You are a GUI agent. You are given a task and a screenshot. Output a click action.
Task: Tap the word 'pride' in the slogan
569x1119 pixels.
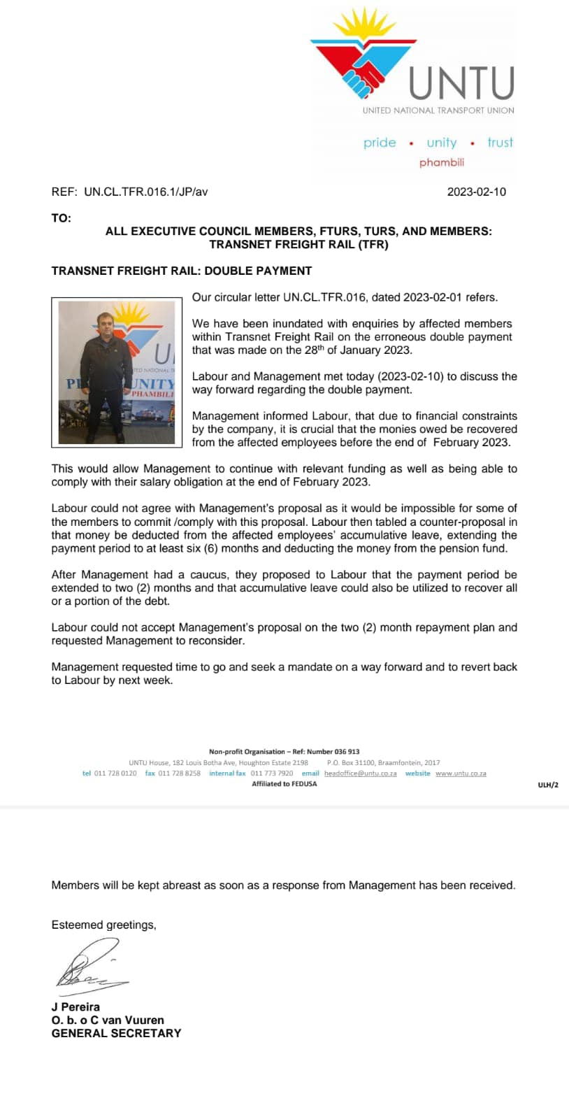(380, 143)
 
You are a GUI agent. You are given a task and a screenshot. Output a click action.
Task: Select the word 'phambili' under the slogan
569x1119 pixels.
(442, 162)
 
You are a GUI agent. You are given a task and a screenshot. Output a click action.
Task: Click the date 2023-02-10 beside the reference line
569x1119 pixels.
(477, 192)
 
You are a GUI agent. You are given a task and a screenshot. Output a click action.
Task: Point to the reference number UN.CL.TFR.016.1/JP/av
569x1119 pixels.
(145, 192)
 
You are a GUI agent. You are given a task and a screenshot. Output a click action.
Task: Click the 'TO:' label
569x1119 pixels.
(62, 218)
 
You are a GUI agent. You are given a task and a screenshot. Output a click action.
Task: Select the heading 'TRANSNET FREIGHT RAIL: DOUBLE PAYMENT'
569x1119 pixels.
(182, 271)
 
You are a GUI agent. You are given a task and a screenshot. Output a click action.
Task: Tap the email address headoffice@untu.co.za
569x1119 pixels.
(361, 774)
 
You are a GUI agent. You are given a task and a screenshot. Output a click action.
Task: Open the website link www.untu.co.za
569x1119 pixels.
(461, 774)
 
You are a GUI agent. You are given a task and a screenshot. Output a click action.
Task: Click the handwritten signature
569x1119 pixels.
(91, 965)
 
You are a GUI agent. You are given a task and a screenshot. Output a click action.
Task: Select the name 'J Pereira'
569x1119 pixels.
(75, 1007)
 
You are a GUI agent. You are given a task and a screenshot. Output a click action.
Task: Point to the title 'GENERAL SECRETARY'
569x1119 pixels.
(116, 1033)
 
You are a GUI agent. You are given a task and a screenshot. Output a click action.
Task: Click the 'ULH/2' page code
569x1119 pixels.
(548, 785)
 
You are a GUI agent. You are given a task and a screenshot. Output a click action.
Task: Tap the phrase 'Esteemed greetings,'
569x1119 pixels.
(103, 925)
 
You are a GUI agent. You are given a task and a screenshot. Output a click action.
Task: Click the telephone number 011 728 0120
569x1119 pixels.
(115, 774)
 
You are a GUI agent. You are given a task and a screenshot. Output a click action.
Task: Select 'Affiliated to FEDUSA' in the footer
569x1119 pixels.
(284, 784)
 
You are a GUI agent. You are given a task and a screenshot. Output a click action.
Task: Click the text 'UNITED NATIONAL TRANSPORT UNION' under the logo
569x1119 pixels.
(438, 111)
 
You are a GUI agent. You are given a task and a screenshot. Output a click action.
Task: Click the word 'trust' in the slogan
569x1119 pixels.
(500, 143)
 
